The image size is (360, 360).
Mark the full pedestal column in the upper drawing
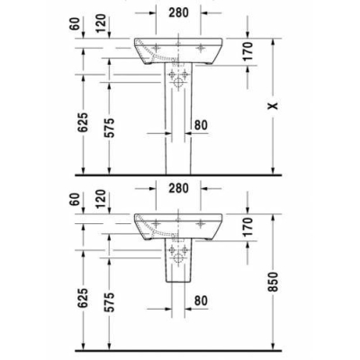179,126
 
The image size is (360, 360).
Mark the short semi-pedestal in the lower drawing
179,263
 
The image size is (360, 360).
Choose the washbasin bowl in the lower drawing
179,225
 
